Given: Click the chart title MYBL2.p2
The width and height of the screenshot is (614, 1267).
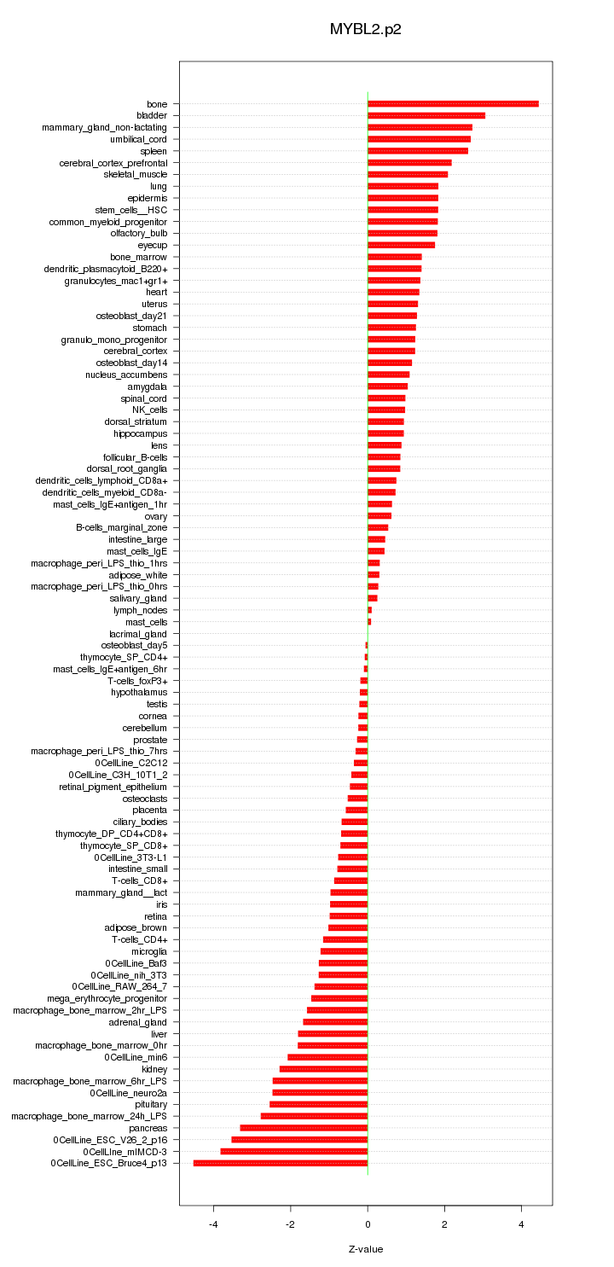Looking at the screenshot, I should pyautogui.click(x=365, y=29).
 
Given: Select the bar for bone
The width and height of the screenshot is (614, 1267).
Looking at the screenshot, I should pyautogui.click(x=453, y=104).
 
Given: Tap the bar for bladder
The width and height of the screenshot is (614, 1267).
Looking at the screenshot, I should pyautogui.click(x=426, y=115).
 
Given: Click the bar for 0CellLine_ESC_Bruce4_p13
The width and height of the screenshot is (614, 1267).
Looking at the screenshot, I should pyautogui.click(x=281, y=1163).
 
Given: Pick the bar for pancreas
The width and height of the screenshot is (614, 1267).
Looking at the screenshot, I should pyautogui.click(x=304, y=1128).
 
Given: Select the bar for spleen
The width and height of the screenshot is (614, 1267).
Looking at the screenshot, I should pyautogui.click(x=418, y=151).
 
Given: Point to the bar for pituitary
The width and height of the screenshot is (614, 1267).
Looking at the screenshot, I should pyautogui.click(x=319, y=1104).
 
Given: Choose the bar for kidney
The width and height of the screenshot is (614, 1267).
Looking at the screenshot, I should pyautogui.click(x=323, y=1069).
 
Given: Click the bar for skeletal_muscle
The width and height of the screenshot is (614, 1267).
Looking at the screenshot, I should pyautogui.click(x=408, y=174).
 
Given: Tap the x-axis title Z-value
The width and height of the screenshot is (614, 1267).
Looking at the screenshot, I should pyautogui.click(x=366, y=1249).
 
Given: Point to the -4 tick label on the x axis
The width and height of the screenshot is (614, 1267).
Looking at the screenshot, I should pyautogui.click(x=213, y=1224).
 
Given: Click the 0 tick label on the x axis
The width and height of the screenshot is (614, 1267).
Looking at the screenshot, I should pyautogui.click(x=368, y=1224).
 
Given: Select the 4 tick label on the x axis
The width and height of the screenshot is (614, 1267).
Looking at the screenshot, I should pyautogui.click(x=521, y=1224).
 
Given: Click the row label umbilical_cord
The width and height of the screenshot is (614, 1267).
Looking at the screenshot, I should pyautogui.click(x=139, y=139).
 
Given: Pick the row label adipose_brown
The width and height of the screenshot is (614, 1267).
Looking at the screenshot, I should pyautogui.click(x=136, y=927).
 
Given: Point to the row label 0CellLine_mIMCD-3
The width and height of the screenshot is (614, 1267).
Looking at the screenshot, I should pyautogui.click(x=125, y=1151).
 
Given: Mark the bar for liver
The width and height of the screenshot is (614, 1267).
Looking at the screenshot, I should pyautogui.click(x=333, y=1033).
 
